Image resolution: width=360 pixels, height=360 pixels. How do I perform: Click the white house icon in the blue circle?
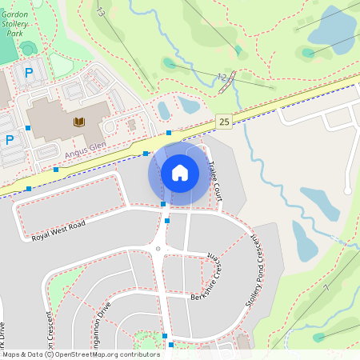click(179, 172)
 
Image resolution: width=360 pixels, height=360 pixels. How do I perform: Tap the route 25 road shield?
click(224, 122)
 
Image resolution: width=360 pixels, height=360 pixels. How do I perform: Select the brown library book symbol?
click(78, 122)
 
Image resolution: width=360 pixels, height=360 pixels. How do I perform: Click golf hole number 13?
click(101, 12)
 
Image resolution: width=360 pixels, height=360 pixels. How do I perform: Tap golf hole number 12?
click(221, 76)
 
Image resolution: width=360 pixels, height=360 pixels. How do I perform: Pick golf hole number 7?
click(326, 287)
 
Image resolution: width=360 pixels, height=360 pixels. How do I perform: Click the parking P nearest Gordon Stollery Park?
click(29, 74)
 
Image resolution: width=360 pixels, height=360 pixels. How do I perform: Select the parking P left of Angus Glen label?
click(10, 139)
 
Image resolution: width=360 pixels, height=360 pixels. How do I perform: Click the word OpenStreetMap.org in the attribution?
click(100, 354)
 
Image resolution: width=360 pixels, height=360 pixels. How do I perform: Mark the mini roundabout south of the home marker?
click(158, 249)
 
